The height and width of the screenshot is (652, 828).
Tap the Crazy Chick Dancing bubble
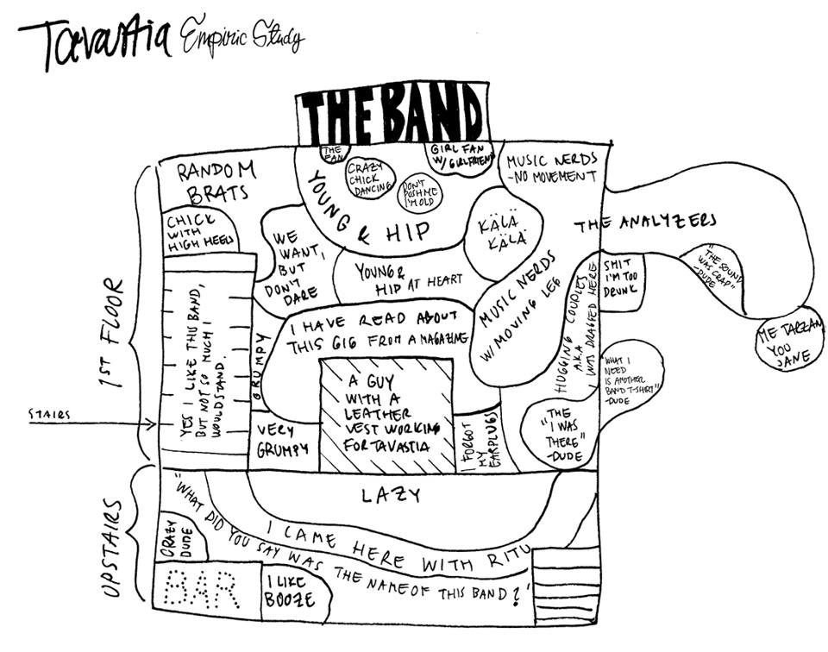(370, 179)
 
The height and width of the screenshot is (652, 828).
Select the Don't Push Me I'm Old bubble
(419, 195)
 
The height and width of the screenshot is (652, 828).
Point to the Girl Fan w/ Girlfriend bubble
(461, 157)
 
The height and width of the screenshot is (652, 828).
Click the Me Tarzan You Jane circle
(789, 341)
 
